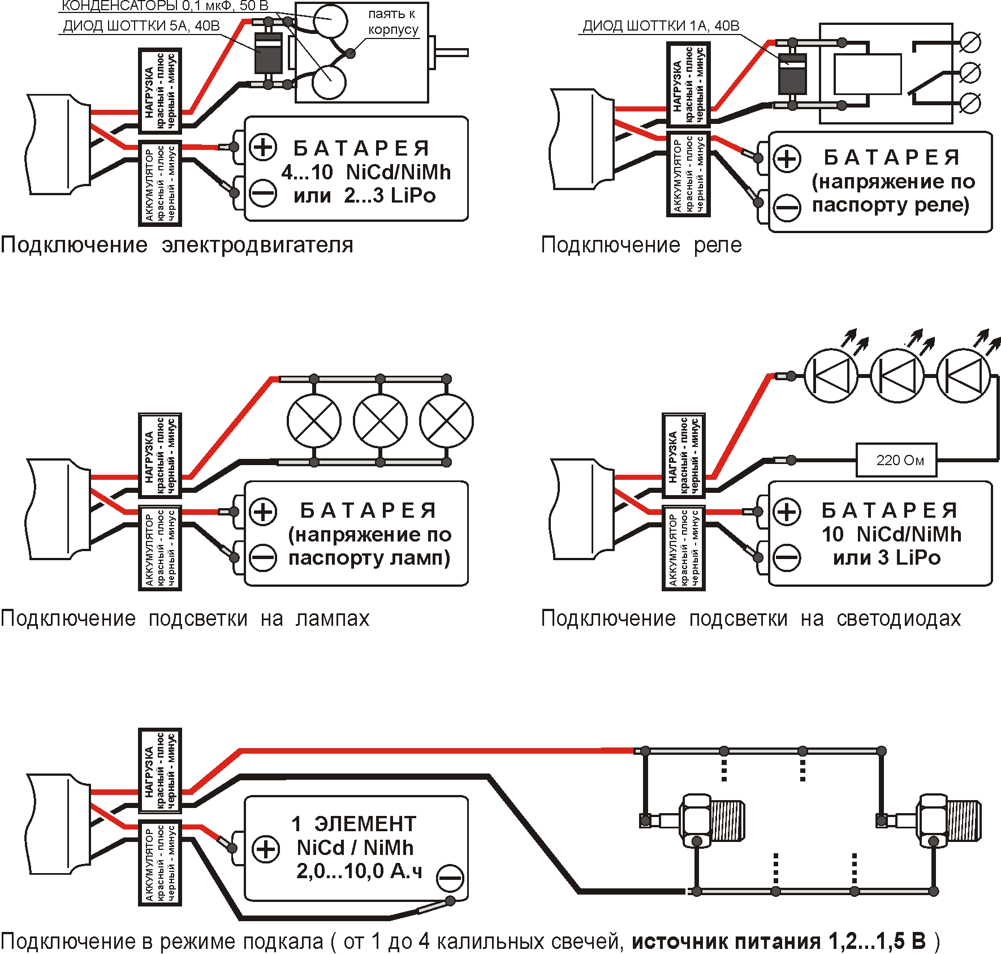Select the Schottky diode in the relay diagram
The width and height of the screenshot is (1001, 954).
click(792, 74)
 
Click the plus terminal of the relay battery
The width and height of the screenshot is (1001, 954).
click(787, 158)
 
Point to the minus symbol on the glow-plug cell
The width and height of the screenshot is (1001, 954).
click(450, 879)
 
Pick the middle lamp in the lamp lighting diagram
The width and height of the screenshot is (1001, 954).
click(380, 421)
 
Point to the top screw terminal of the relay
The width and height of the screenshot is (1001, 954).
click(970, 42)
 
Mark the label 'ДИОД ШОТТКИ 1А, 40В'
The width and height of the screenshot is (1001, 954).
click(661, 26)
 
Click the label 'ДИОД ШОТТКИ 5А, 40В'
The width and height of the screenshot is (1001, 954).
click(141, 26)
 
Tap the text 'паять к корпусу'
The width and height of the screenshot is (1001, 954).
click(392, 22)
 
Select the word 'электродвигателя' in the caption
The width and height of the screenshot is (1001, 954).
click(257, 245)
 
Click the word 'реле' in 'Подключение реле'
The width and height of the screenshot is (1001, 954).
click(718, 245)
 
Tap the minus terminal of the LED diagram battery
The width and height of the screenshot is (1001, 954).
click(787, 557)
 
